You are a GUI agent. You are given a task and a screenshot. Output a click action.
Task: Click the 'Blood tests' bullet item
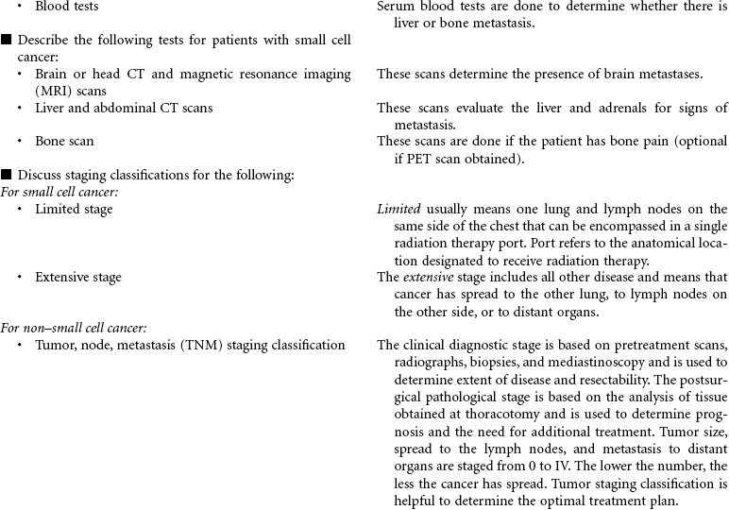[x=66, y=7]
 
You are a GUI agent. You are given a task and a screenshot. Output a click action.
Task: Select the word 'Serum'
[x=396, y=7]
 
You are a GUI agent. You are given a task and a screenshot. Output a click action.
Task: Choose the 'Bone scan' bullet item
[x=64, y=142]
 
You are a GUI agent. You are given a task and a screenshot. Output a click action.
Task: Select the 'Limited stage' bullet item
[x=74, y=210]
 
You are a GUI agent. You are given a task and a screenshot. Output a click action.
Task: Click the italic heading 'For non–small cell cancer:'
[x=73, y=329]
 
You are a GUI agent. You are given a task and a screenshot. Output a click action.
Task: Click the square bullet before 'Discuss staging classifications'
[x=7, y=175]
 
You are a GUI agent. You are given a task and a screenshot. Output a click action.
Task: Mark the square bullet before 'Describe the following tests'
[x=7, y=41]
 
